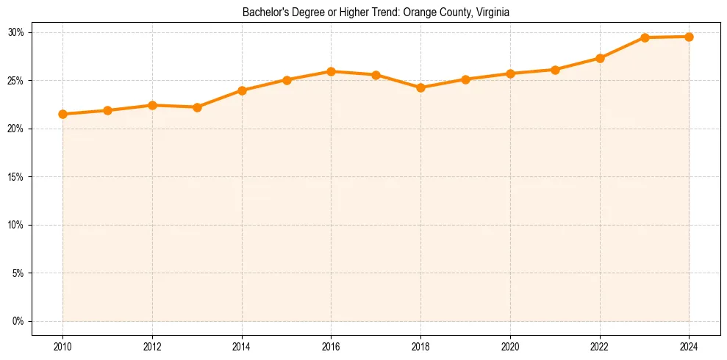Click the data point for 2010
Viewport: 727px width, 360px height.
pyautogui.click(x=62, y=114)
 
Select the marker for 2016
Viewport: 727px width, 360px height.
pyautogui.click(x=331, y=71)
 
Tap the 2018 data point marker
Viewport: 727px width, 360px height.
pyautogui.click(x=420, y=87)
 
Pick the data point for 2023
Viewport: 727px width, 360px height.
pyautogui.click(x=645, y=37)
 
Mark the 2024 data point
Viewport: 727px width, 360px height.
pyautogui.click(x=689, y=37)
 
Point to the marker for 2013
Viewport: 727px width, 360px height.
pyautogui.click(x=197, y=107)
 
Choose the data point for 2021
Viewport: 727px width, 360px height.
pyautogui.click(x=555, y=70)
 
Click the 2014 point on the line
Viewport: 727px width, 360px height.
pyautogui.click(x=242, y=90)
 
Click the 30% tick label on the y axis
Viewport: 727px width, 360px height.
pyautogui.click(x=16, y=32)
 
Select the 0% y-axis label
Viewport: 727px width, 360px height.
pyautogui.click(x=18, y=321)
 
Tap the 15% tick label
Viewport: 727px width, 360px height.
pyautogui.click(x=16, y=177)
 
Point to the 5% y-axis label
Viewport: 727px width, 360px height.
pyautogui.click(x=18, y=273)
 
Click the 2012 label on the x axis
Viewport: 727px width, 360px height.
pyautogui.click(x=152, y=347)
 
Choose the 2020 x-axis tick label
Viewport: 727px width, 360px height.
pyautogui.click(x=510, y=347)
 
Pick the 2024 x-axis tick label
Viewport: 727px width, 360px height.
pyautogui.click(x=689, y=347)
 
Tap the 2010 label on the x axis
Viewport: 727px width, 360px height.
pyautogui.click(x=62, y=347)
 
